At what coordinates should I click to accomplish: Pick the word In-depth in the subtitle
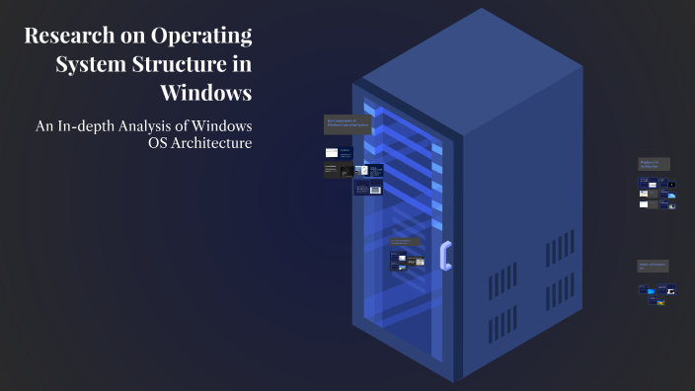[88, 126]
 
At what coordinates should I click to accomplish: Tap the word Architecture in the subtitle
[210, 144]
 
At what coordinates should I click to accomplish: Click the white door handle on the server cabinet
[446, 255]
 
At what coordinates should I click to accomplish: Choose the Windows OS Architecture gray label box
[655, 164]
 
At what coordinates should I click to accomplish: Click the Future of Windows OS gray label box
[655, 266]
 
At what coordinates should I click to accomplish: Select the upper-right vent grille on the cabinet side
[560, 248]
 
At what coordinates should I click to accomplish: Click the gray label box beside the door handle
[404, 242]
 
